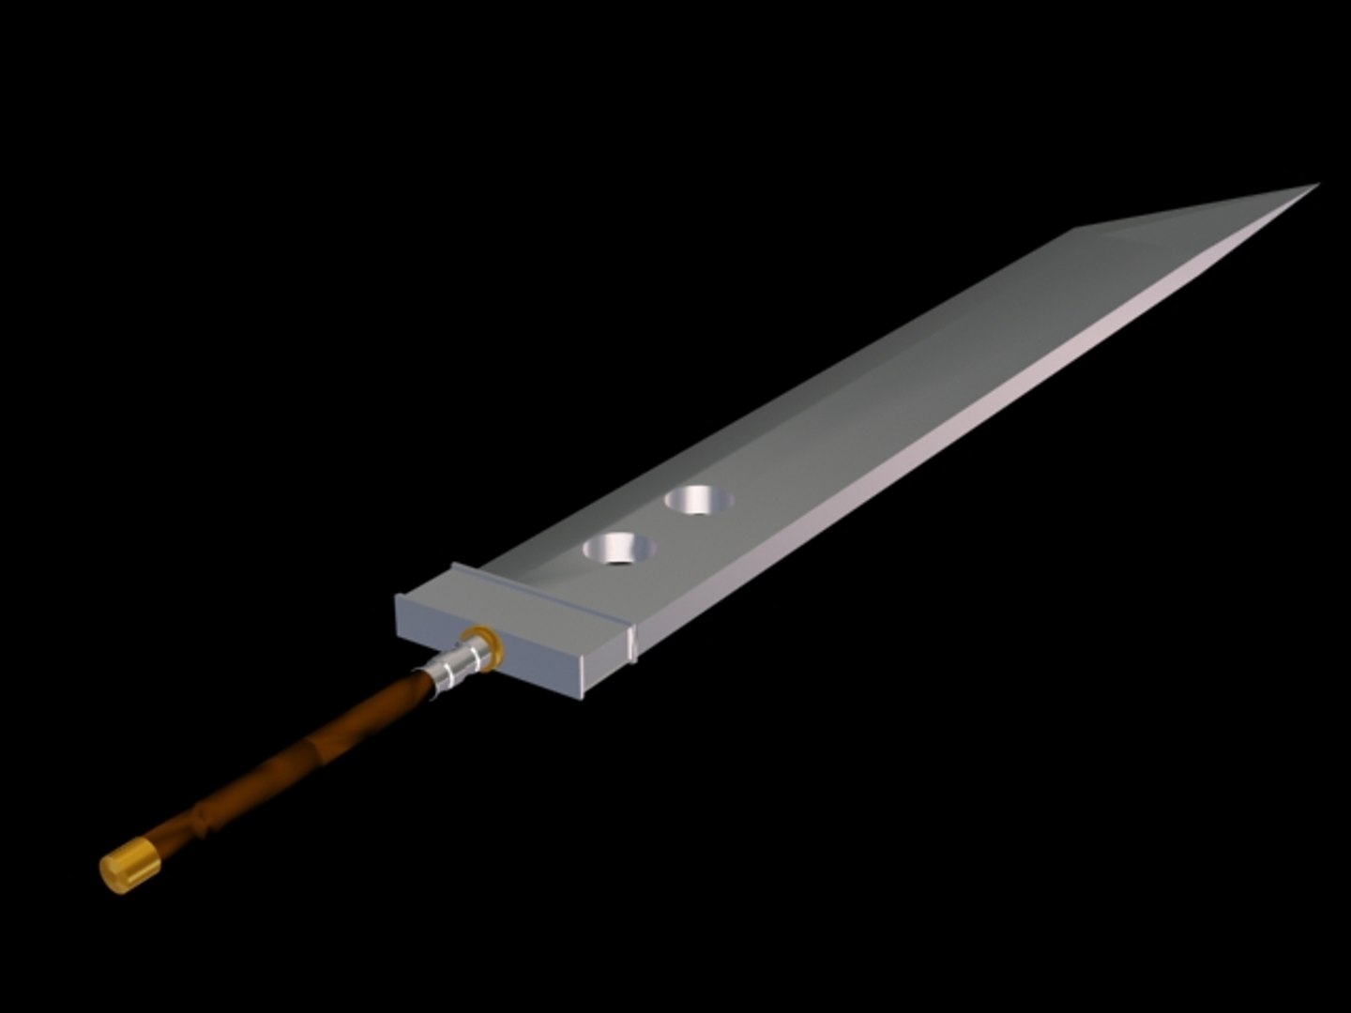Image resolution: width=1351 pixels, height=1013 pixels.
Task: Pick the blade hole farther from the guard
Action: (x=700, y=500)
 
